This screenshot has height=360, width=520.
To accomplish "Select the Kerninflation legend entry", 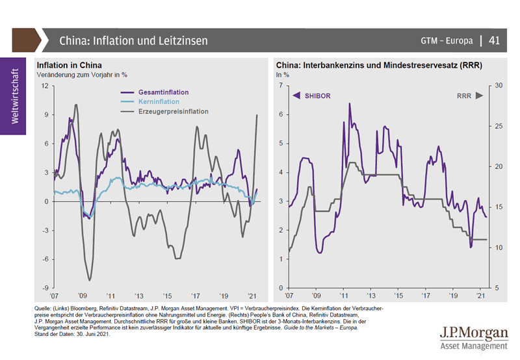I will (158, 102).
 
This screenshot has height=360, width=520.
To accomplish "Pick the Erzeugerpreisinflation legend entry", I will (173, 111).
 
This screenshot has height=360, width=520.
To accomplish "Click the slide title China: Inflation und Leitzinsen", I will (133, 40).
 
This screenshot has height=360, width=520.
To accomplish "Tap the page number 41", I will (494, 40).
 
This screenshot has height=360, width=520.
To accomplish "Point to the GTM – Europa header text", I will (447, 41).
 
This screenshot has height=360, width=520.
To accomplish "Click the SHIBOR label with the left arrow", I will (312, 96).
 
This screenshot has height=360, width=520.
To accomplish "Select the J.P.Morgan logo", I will (473, 336).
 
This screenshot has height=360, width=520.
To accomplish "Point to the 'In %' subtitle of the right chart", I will (284, 75).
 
